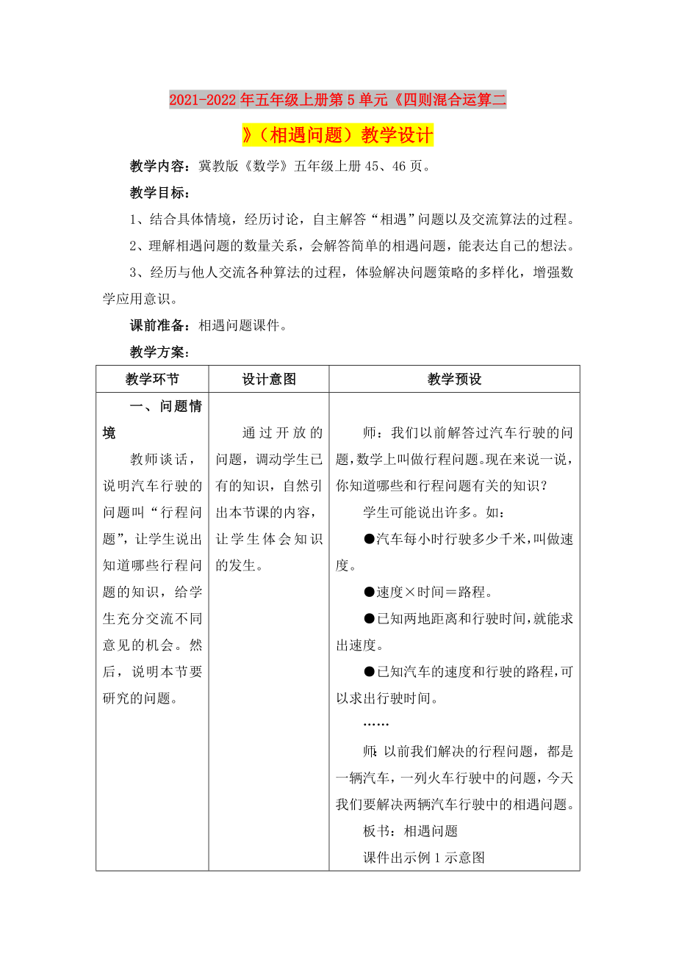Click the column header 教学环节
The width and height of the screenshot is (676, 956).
pos(152,379)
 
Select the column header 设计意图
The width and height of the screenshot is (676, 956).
pos(269,379)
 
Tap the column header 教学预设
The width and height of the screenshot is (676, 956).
pos(454,379)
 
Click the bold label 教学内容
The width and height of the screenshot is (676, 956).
pos(159,167)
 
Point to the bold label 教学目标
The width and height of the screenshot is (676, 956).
pos(159,193)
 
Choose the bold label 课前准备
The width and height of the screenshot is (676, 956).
pos(159,325)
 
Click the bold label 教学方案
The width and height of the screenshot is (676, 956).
pos(159,352)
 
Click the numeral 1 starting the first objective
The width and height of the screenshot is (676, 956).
pos(134,220)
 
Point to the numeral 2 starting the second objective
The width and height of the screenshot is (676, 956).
pos(134,246)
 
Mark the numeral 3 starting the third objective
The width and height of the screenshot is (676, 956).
pos(134,272)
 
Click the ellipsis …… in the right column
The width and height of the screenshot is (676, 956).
pos(376,723)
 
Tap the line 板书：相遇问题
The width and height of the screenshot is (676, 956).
pos(410,830)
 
